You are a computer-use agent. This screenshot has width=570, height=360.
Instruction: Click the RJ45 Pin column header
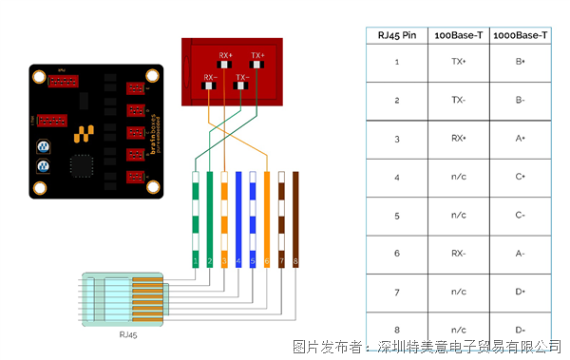tap(397, 35)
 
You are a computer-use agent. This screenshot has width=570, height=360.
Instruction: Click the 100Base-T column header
tap(458, 35)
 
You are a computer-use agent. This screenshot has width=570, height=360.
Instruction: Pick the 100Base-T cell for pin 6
tap(458, 253)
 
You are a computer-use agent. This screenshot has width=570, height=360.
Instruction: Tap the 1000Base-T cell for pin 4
tap(521, 177)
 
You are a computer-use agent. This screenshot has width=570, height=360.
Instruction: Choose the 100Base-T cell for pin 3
tap(458, 139)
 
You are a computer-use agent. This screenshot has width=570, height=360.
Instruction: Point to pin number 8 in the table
tap(397, 329)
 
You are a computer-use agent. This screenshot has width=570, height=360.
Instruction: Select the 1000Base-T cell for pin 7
tap(521, 291)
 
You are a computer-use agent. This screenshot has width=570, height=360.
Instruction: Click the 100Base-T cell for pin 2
tap(458, 100)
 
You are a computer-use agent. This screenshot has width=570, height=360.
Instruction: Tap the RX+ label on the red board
tap(225, 55)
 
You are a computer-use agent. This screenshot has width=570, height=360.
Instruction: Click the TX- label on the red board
tap(242, 76)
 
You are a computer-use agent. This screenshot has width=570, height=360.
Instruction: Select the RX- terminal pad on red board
tap(209, 87)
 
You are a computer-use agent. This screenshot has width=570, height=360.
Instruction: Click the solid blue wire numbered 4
tap(238, 218)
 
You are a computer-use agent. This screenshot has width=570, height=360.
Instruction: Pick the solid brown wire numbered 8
tap(295, 218)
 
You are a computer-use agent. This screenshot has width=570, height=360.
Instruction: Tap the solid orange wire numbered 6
tap(267, 218)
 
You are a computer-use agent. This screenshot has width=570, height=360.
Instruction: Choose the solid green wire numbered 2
tap(210, 218)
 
